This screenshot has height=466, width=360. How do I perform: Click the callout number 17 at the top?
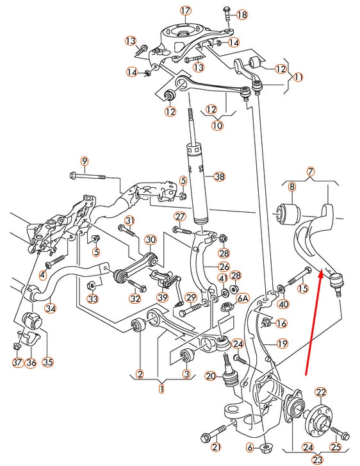(x=185, y=10)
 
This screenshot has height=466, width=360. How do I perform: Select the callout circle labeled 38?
(x=219, y=176)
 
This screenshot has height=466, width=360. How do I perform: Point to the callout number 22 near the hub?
(x=321, y=392)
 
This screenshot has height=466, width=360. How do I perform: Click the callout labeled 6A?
(x=241, y=298)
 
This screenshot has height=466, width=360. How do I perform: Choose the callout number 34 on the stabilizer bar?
(x=50, y=308)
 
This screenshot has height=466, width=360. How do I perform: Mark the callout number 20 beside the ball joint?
(x=211, y=375)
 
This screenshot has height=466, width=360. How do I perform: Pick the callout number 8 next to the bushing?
(x=291, y=187)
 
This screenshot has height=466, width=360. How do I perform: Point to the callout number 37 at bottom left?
(x=17, y=362)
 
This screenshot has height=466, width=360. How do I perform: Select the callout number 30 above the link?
(x=150, y=240)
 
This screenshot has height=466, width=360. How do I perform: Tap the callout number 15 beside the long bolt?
(x=302, y=289)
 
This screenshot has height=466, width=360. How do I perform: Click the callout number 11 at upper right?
(x=297, y=76)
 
